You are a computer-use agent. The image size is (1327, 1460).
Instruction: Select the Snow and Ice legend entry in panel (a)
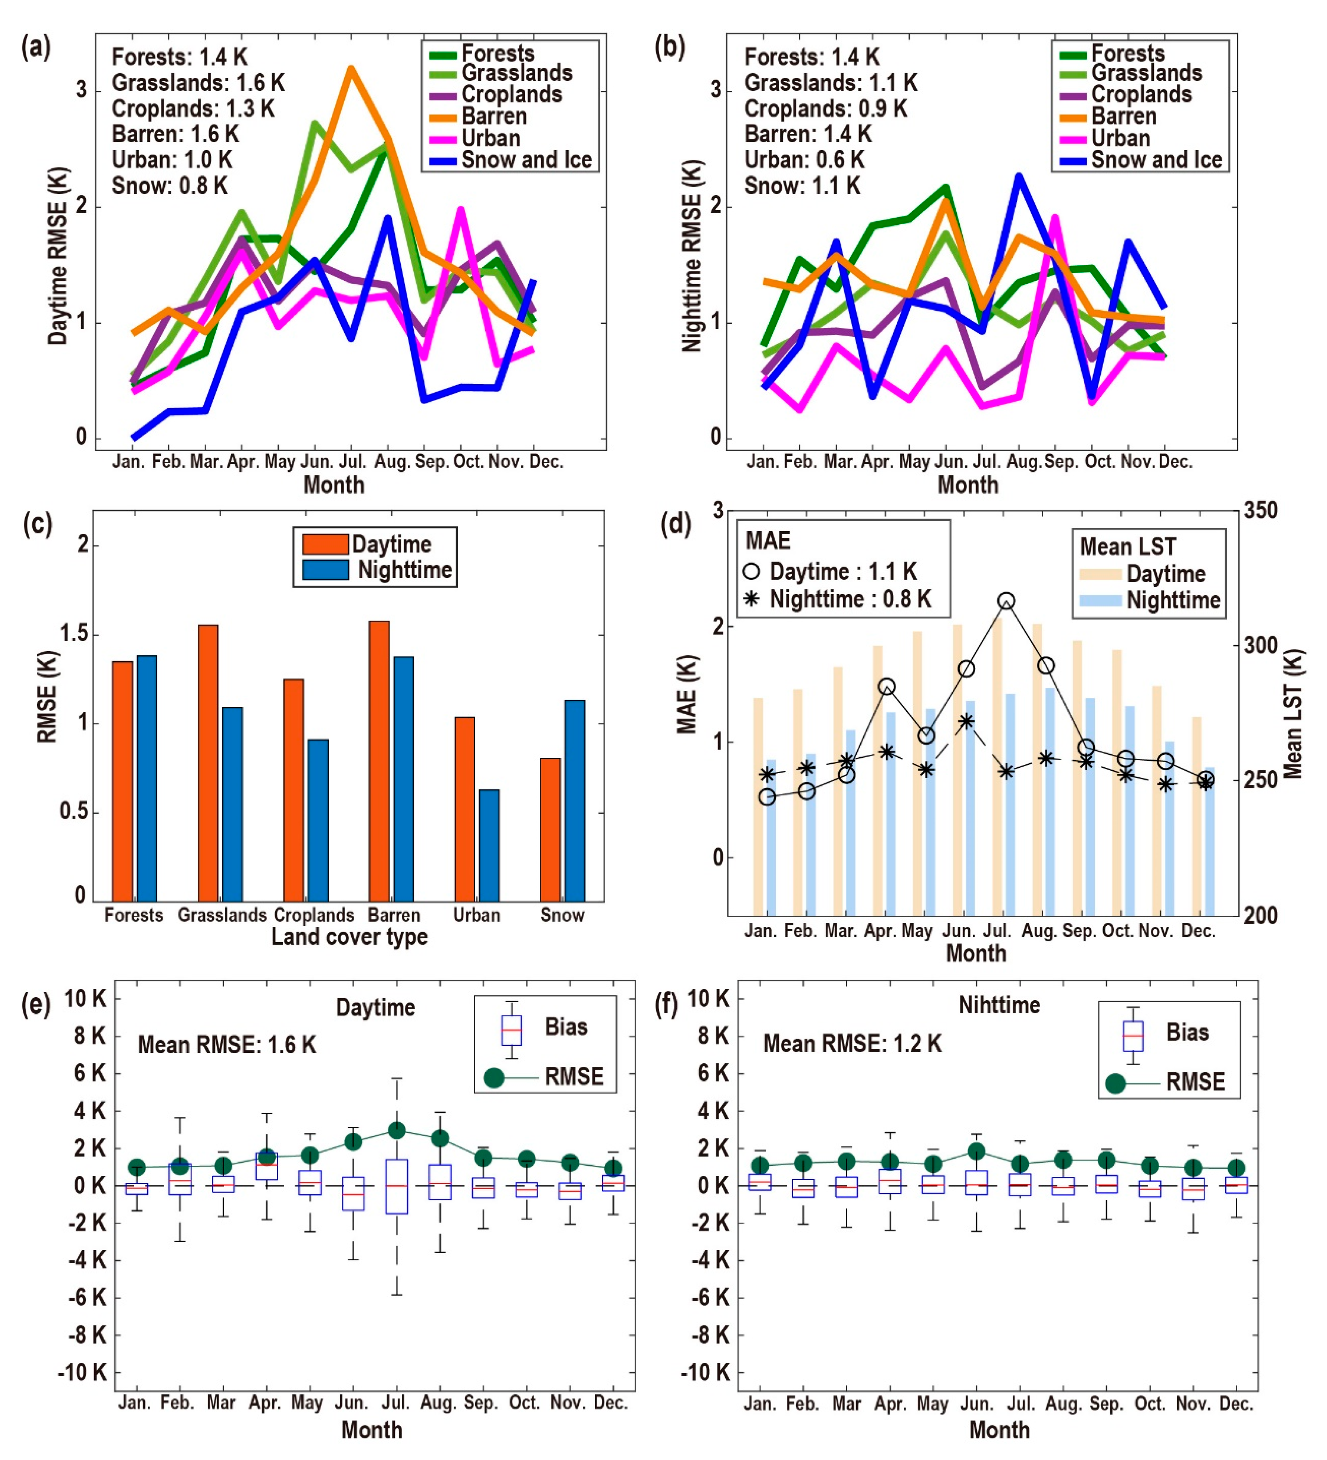point(526,160)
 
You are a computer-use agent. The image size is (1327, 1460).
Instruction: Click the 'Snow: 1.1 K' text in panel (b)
point(802,186)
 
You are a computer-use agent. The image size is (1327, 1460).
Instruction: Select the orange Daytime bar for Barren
point(379,760)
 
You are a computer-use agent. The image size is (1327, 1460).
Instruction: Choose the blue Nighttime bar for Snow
point(574,800)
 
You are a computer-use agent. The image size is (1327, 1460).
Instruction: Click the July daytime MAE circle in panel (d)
point(1006,601)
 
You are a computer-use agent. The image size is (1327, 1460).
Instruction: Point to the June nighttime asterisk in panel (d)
point(966,721)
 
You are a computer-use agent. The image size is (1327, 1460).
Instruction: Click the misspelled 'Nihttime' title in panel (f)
point(999,1005)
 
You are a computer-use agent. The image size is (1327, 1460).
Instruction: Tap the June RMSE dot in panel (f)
point(977,1152)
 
